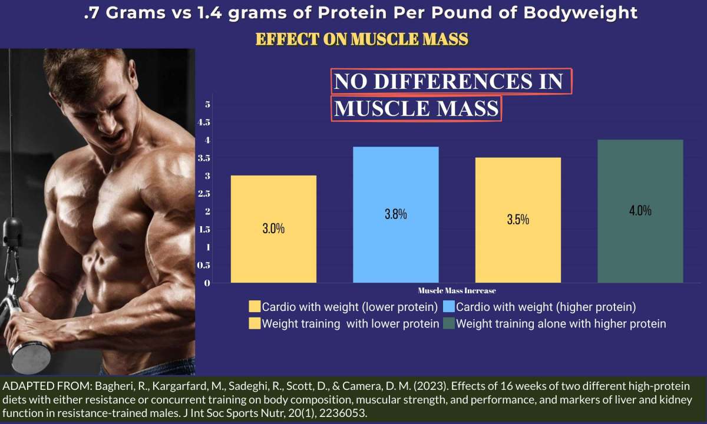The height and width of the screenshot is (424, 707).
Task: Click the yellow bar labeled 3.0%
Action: coord(273,229)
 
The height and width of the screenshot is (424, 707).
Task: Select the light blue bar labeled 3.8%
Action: coord(396,214)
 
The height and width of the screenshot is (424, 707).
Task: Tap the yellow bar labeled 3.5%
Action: coord(518,220)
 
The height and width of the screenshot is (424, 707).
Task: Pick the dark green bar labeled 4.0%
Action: coord(640,211)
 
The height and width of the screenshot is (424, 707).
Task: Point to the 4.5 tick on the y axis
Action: coord(204,122)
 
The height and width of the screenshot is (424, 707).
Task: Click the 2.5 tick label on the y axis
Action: coord(204,193)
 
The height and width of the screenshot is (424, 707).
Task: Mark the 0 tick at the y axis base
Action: coord(207,283)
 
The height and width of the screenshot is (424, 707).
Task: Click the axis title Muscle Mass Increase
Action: coord(457,290)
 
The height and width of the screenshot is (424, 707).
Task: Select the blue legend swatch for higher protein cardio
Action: coord(448,306)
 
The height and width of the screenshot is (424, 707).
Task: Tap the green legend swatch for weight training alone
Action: coord(448,323)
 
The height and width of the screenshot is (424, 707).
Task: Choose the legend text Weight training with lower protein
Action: coord(351,324)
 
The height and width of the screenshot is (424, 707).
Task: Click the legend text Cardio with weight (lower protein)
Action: coord(350,307)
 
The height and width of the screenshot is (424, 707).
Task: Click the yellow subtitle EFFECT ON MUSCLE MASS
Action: coord(362,39)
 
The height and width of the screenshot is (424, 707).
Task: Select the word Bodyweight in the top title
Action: coord(580,14)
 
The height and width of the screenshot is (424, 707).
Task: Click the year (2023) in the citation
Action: coord(431,386)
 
